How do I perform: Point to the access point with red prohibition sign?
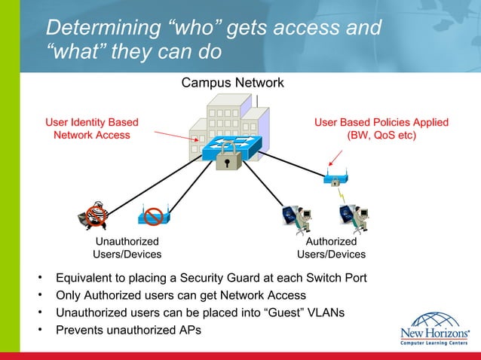154,217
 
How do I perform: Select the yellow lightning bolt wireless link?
344,197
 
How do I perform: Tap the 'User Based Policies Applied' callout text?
381,129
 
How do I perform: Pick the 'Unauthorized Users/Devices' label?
126,248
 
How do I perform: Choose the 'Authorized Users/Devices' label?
331,248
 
